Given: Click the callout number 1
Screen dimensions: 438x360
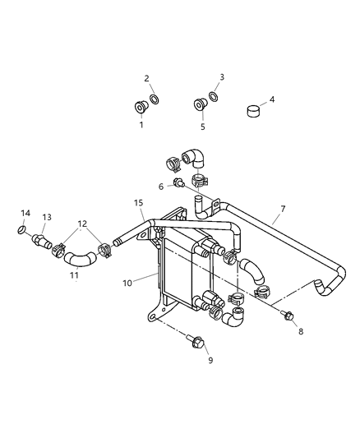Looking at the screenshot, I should click(x=141, y=125).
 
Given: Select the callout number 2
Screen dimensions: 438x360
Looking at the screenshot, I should click(x=146, y=78).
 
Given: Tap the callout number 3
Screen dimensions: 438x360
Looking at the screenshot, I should click(x=221, y=78).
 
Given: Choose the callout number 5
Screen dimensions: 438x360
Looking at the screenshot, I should click(x=202, y=127).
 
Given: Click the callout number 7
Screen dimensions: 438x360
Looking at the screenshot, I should click(x=282, y=209).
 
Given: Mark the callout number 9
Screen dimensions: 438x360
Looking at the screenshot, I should click(x=210, y=360).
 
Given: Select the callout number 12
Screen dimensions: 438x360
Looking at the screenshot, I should click(x=82, y=224).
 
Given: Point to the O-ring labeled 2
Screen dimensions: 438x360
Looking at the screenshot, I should click(x=155, y=100).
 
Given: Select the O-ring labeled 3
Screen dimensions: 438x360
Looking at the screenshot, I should click(x=213, y=96).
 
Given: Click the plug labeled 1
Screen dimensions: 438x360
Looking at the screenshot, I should click(x=140, y=106).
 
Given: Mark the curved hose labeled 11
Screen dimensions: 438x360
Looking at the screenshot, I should click(x=80, y=260).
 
